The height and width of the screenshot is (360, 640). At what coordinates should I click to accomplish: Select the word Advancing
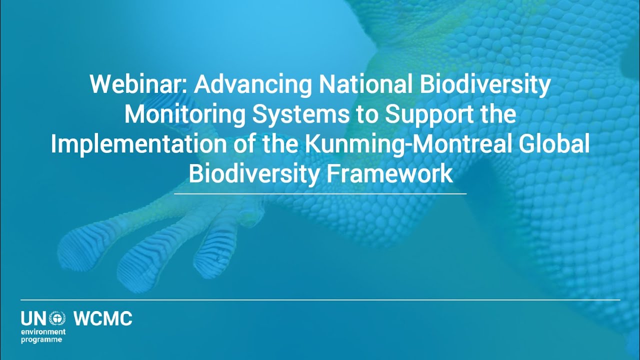pos(252,85)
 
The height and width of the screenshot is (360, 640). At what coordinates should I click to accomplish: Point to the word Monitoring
pos(184,114)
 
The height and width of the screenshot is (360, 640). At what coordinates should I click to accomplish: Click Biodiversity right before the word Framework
pos(254,173)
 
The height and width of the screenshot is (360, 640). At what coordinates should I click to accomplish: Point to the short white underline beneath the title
pos(320,193)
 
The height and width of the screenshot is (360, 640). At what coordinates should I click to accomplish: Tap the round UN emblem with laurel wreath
pos(57,318)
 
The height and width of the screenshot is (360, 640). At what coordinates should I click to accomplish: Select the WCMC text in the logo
pos(103,318)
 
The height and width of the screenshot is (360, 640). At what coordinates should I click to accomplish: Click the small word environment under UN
pos(43,331)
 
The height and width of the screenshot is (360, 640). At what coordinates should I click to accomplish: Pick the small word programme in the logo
pos(41,340)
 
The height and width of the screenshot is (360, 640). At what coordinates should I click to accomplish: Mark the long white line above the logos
pos(320,300)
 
